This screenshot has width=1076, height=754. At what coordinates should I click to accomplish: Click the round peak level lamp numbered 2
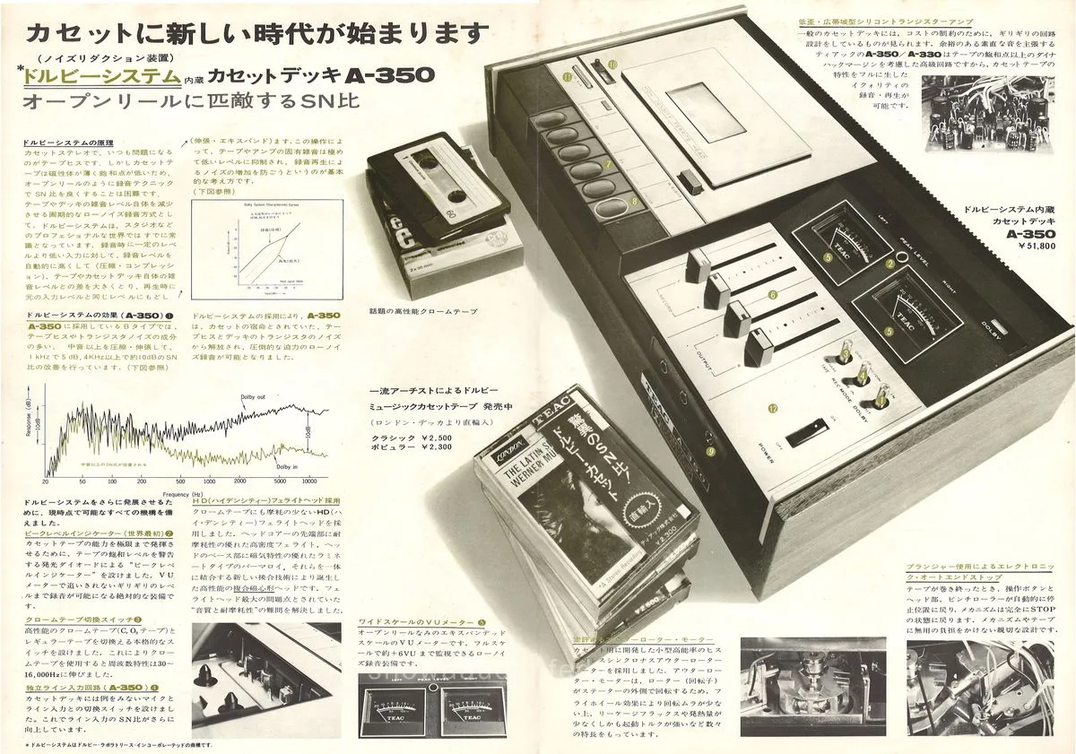tap(891, 264)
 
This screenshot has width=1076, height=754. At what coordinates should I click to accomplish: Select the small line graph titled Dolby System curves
tap(243, 247)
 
